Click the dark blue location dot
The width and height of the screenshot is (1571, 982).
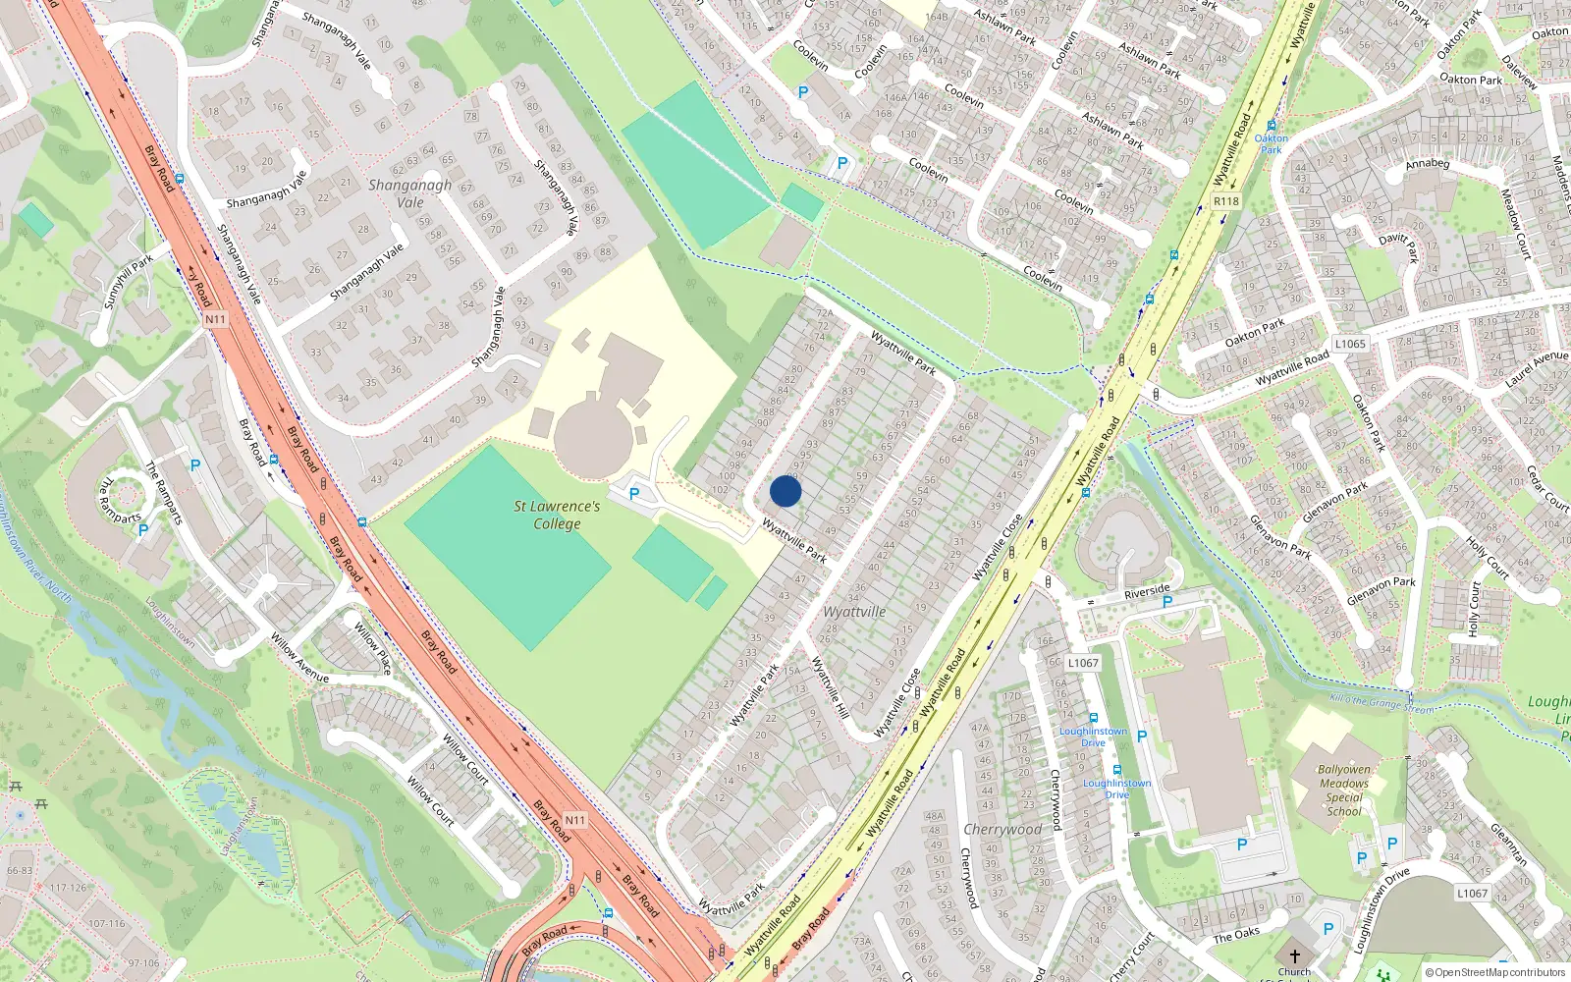tap(785, 491)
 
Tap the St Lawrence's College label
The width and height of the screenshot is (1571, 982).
tap(557, 515)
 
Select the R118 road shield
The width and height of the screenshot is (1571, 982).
tap(1226, 201)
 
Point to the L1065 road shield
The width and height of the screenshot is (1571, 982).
tap(1350, 344)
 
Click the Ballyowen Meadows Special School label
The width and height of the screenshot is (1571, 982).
tap(1344, 791)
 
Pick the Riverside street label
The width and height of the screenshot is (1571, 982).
tap(1147, 591)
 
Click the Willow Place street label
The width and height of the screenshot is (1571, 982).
tap(373, 648)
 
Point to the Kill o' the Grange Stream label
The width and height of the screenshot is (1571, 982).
tap(1381, 703)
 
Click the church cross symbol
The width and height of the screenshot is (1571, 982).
tap(1294, 955)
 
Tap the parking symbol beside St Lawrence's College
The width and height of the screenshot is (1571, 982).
tap(634, 495)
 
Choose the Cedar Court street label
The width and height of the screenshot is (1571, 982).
tap(1545, 488)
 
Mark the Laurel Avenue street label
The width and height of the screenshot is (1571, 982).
tap(1537, 369)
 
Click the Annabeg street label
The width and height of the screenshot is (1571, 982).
tap(1427, 164)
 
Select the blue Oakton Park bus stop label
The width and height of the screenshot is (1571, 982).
tap(1272, 143)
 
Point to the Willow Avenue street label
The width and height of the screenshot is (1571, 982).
tap(299, 659)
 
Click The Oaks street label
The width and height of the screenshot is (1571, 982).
tap(1236, 934)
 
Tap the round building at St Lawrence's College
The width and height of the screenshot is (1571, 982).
tap(592, 432)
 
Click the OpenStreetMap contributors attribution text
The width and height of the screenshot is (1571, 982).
tap(1494, 973)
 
